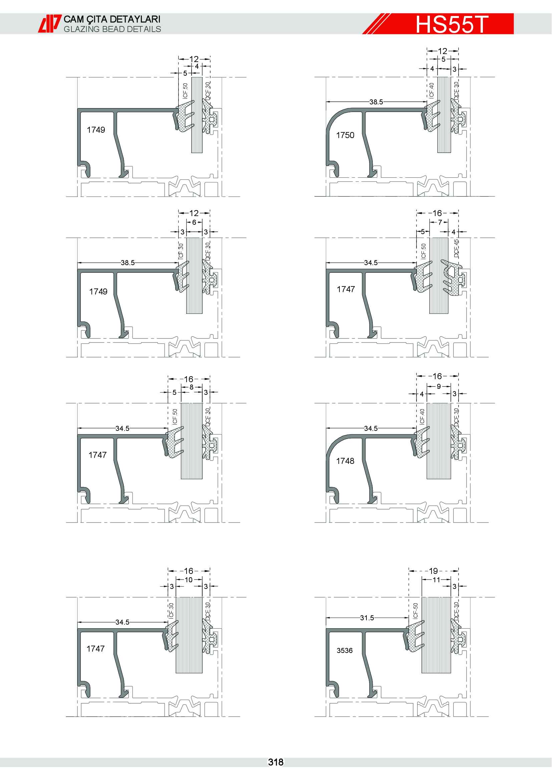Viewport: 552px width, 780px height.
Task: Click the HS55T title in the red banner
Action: point(452,24)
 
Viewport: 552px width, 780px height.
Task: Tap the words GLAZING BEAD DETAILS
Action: point(112,29)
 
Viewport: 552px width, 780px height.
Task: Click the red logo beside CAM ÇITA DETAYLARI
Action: point(50,24)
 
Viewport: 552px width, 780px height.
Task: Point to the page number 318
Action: point(276,762)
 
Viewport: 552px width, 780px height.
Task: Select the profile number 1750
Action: point(345,135)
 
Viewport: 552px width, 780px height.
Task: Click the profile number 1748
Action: point(345,461)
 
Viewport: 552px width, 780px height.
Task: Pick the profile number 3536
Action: point(345,650)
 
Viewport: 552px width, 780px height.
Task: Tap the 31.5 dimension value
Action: point(367,618)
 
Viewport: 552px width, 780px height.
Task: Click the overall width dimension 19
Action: point(434,571)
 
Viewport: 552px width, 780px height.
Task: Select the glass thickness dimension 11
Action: point(437,580)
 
